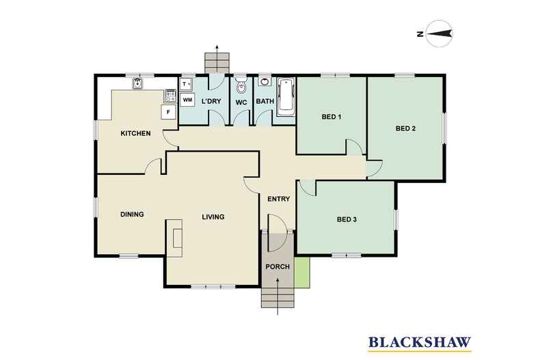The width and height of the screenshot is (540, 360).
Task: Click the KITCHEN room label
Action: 135,133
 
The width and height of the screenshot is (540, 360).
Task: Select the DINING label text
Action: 132,214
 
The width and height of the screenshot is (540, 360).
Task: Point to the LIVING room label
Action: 213,217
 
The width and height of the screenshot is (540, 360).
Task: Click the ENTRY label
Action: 279,199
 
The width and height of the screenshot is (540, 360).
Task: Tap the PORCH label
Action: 278,266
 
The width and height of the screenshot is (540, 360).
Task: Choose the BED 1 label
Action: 331,117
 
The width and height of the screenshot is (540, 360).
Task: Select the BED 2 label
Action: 405,128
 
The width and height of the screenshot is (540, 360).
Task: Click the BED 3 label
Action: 347,219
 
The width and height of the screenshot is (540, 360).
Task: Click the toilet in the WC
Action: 241,88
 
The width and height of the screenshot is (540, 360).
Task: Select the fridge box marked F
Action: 167,112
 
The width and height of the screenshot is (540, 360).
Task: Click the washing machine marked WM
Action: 187,100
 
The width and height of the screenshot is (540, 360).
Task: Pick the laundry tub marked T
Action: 185,84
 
